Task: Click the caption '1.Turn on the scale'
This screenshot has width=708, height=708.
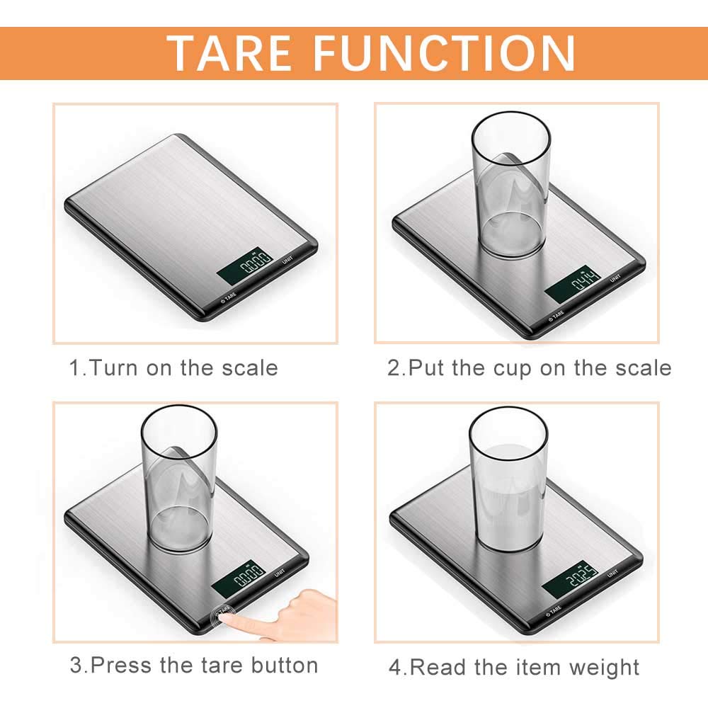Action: click(173, 368)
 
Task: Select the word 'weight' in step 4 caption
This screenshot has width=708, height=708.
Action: click(605, 667)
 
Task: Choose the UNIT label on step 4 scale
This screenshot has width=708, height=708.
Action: click(613, 573)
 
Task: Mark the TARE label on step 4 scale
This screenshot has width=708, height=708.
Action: click(555, 608)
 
